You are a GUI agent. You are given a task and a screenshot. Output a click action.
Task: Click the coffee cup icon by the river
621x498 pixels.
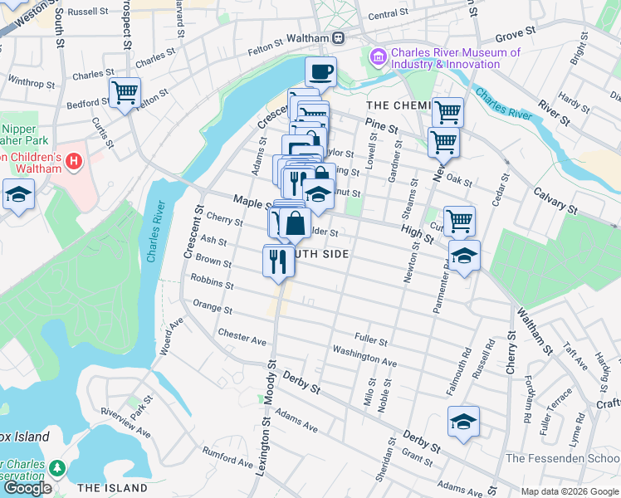320,71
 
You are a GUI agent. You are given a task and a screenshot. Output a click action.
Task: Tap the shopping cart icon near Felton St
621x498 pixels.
125,92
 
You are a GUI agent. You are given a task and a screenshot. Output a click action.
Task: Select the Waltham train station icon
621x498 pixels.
339,38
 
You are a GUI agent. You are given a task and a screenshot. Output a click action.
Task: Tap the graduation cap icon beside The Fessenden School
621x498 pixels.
463,422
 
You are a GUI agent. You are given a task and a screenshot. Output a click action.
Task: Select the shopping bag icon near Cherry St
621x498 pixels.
295,222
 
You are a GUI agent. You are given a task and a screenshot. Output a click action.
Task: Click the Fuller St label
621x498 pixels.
371,340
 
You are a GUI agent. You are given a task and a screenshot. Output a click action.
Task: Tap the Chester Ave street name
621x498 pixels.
242,337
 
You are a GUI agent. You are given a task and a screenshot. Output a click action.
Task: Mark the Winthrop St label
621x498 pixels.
32,83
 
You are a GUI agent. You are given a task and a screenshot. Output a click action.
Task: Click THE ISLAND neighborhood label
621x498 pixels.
112,488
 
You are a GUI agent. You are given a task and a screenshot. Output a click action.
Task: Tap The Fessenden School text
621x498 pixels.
562,458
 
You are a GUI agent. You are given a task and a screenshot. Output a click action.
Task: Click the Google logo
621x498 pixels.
27,488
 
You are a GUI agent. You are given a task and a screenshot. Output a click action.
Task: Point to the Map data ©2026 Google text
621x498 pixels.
570,491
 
